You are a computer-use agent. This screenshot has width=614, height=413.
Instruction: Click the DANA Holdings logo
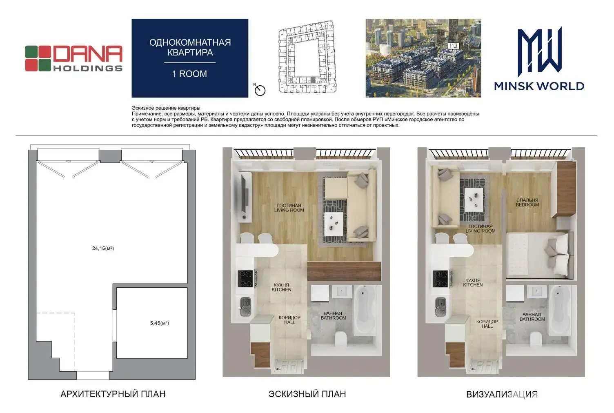point(74,58)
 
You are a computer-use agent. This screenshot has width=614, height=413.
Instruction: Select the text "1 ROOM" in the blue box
point(189,74)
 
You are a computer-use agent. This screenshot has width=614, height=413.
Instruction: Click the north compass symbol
point(260,90)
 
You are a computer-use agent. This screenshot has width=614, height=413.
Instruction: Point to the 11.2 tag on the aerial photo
point(454,46)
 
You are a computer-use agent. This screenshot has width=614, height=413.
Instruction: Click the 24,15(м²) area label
point(103,248)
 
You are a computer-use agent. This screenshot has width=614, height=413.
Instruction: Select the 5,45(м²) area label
point(160,323)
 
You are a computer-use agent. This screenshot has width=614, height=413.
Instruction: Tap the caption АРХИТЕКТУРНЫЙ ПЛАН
point(113,394)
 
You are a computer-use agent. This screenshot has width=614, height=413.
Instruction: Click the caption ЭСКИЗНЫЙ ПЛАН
point(307,394)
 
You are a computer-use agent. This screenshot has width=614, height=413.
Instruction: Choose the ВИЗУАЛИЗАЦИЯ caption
point(502,394)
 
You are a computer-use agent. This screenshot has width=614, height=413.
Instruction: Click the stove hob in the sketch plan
point(245,278)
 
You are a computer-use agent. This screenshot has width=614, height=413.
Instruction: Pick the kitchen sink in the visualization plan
point(440,306)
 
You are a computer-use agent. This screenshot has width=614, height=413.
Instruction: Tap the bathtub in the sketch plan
point(364,310)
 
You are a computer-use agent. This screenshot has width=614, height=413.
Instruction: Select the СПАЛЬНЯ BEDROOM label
point(527,202)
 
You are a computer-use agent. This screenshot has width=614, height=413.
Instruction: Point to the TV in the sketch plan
point(244,194)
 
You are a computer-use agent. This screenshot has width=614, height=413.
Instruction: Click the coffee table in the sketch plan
point(333,224)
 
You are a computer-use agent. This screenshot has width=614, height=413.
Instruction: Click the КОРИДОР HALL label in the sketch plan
point(289,320)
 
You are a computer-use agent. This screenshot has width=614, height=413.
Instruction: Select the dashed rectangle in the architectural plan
point(56,342)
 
